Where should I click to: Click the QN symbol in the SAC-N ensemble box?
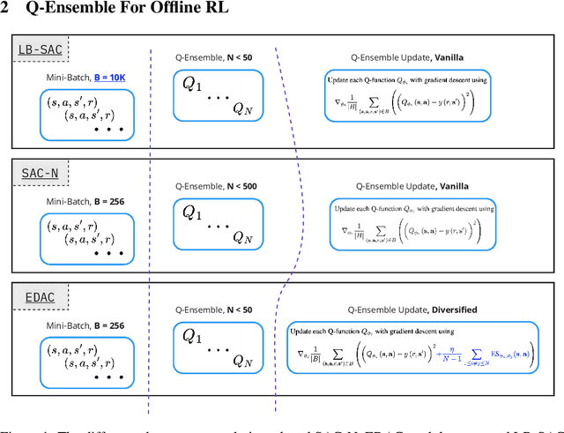242,235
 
